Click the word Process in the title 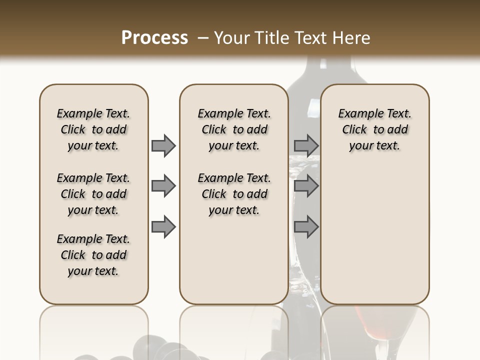154,38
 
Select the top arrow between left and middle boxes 163,146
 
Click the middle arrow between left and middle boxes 163,186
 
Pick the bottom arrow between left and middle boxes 163,227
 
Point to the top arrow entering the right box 306,146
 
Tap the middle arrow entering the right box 306,186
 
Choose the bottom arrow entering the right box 306,227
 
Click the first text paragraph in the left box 93,129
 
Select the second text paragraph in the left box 93,194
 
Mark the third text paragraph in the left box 93,255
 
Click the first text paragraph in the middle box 234,129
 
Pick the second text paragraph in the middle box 234,194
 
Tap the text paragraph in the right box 374,129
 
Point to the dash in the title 202,38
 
